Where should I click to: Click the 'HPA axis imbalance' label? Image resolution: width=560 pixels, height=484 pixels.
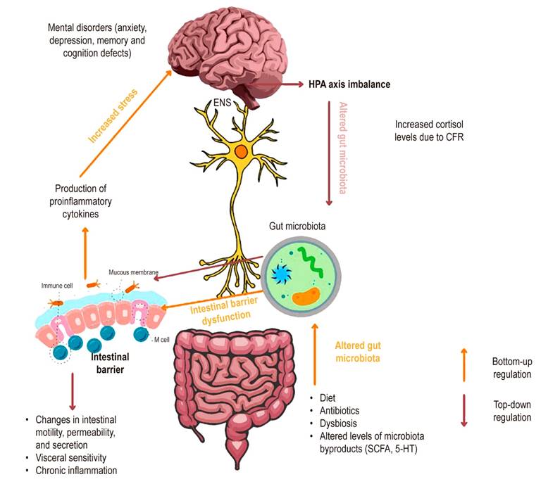[349, 84]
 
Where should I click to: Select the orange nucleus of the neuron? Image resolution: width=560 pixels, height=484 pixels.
[242, 151]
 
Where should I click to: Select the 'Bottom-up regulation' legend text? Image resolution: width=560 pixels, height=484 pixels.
[511, 368]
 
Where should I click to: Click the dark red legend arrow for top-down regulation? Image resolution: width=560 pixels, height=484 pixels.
[463, 412]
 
